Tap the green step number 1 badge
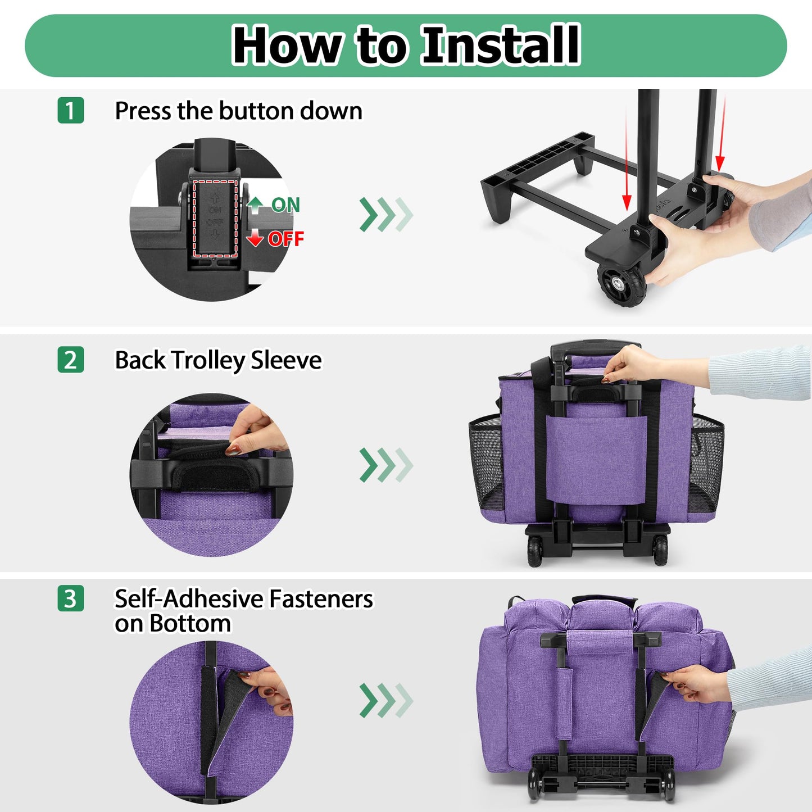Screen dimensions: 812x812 (70, 110)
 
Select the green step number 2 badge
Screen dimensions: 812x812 (70, 360)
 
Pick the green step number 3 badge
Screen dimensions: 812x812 (70, 598)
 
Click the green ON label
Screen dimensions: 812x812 (285, 205)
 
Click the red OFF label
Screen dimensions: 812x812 (285, 239)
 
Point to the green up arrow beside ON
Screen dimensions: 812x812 (255, 205)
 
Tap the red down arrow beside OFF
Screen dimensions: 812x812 (255, 238)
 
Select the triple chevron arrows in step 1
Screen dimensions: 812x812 (386, 214)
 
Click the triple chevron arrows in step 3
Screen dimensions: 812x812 (386, 700)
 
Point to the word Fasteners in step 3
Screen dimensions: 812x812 (321, 599)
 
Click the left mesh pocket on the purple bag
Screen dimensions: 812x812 (485, 461)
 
